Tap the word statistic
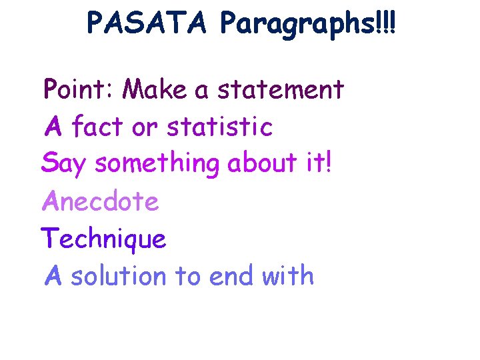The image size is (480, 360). coord(220,127)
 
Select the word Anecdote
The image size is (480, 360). coord(101,201)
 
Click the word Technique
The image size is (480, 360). coord(103,239)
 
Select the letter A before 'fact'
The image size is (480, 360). coord(53,127)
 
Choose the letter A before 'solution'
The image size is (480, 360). coord(53,275)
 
